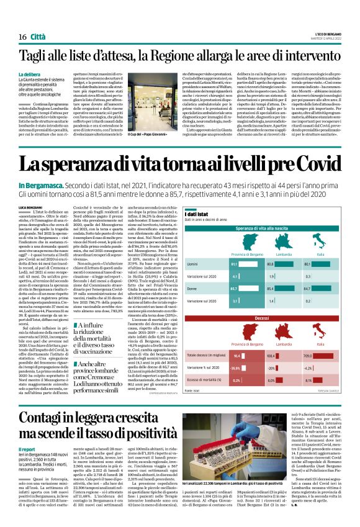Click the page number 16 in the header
tap(22, 37)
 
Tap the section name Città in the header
tap(38, 37)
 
